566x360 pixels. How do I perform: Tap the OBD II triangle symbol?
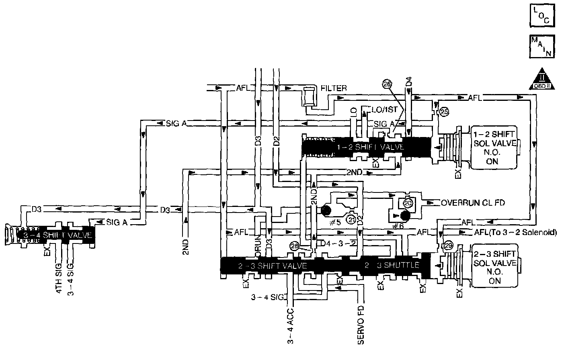coord(541,79)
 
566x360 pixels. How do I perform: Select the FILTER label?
coord(334,88)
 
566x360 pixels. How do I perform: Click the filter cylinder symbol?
coord(310,96)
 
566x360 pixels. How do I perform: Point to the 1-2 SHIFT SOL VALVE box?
coord(494,147)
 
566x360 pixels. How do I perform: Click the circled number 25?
coord(444,112)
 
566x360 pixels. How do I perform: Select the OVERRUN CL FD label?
coord(473,203)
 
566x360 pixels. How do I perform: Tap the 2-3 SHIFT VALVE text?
coord(273,266)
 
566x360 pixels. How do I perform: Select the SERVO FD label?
coord(361,326)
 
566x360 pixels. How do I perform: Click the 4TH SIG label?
coord(59,278)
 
